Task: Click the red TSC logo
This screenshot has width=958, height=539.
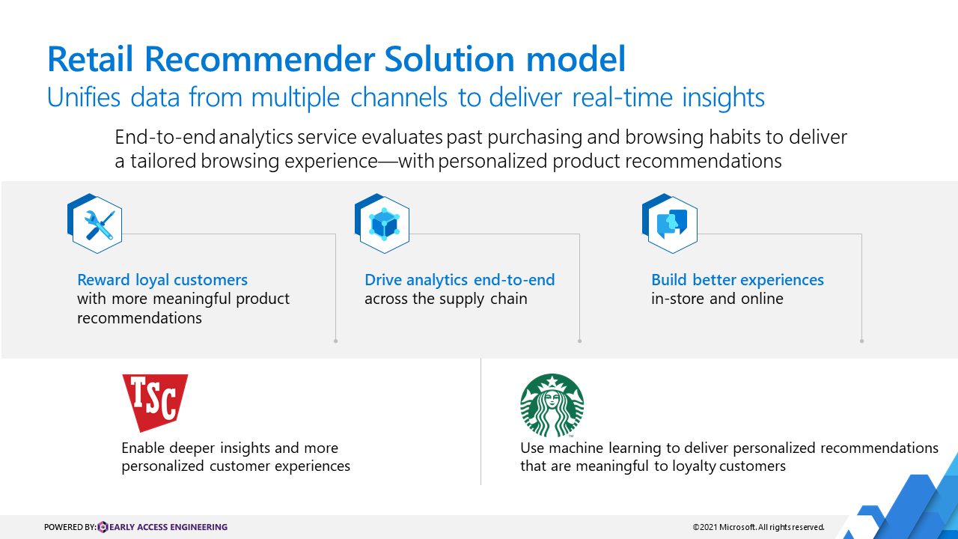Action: pyautogui.click(x=155, y=403)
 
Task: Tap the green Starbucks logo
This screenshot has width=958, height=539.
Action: pyautogui.click(x=552, y=406)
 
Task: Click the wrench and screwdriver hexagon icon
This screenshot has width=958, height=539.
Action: pyautogui.click(x=95, y=223)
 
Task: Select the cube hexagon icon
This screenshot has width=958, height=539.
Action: pyautogui.click(x=382, y=223)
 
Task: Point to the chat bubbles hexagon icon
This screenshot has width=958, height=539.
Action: pyautogui.click(x=670, y=223)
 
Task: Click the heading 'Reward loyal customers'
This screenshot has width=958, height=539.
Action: pyautogui.click(x=162, y=280)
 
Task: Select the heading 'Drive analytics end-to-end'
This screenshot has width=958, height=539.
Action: pyautogui.click(x=460, y=280)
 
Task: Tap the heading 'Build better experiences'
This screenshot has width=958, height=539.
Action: pyautogui.click(x=737, y=280)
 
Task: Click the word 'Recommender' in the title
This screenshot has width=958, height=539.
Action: pyautogui.click(x=260, y=59)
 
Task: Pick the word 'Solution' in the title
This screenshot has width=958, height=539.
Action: pyautogui.click(x=449, y=59)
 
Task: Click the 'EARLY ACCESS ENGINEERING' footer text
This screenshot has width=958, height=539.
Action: pyautogui.click(x=168, y=527)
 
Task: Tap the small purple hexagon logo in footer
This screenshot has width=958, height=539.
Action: pyautogui.click(x=103, y=527)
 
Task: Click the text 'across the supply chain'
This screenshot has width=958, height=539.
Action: pyautogui.click(x=446, y=299)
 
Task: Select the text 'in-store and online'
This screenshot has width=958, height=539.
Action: pyautogui.click(x=717, y=299)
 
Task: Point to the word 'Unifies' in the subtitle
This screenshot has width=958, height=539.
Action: pyautogui.click(x=83, y=97)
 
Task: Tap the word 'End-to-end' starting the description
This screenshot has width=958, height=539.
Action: pyautogui.click(x=165, y=137)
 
